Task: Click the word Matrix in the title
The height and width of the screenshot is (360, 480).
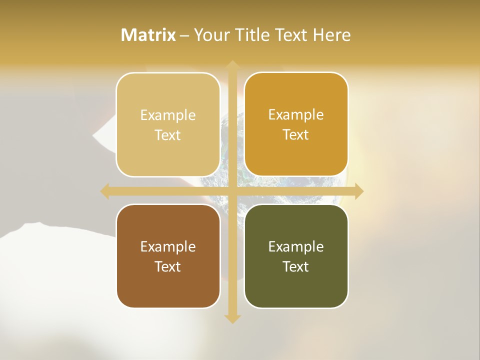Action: click(148, 35)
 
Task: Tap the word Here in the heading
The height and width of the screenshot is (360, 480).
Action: click(331, 35)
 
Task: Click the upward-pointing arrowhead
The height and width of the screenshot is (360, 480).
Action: click(232, 64)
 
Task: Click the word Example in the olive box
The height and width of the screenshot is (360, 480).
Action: click(296, 246)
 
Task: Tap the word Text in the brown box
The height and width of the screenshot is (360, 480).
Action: click(168, 266)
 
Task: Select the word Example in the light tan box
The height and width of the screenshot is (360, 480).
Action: click(168, 115)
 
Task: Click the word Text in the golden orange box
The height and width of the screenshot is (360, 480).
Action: click(296, 135)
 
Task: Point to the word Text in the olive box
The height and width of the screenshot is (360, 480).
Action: click(296, 266)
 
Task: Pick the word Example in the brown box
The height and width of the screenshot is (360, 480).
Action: click(168, 246)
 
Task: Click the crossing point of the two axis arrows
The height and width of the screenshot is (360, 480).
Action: click(232, 191)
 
